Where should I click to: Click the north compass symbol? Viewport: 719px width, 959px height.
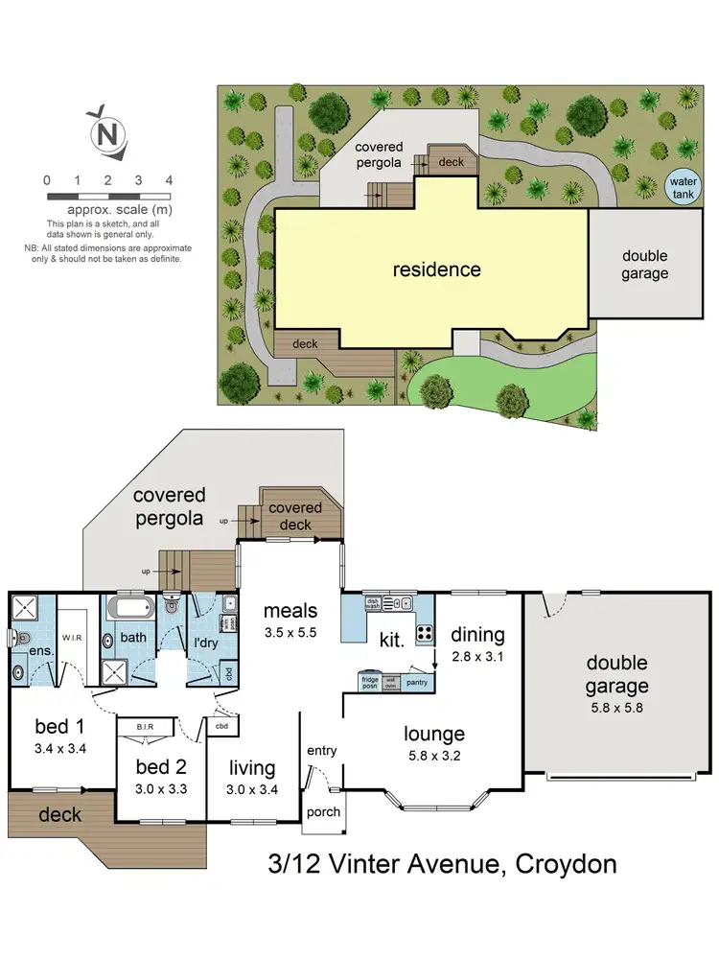[107, 132]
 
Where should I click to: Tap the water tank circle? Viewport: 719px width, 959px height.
[684, 186]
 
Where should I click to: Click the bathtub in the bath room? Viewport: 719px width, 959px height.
[128, 609]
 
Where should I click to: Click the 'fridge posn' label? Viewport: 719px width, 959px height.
[370, 683]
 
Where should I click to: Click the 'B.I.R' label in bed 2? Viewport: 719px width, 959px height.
[147, 727]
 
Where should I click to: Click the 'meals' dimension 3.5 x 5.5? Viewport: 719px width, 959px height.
[290, 633]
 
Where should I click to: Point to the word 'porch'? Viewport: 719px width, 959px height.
[322, 812]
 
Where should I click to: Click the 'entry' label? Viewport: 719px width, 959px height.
[322, 750]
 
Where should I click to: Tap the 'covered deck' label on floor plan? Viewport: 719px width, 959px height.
[295, 516]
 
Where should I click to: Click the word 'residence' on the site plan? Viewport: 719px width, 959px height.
[436, 269]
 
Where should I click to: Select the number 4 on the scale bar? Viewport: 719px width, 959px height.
[169, 179]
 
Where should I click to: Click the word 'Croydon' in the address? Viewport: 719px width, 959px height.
[566, 864]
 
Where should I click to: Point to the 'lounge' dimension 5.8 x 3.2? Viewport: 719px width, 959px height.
[433, 756]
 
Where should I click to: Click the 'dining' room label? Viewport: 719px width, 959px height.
[476, 635]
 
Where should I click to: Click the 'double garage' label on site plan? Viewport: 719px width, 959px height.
[644, 265]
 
